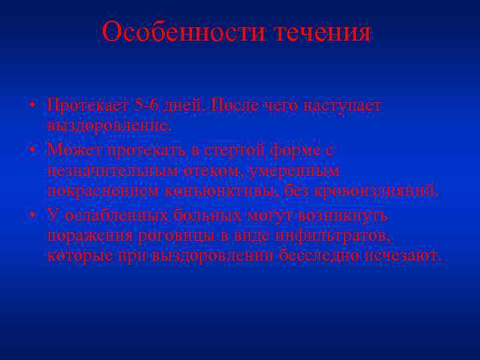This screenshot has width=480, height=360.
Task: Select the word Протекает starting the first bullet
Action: point(88,105)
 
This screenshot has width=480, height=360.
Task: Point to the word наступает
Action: point(342,105)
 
